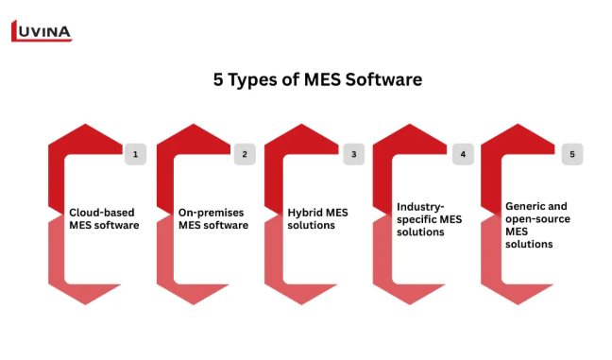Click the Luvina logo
pyautogui.click(x=42, y=31)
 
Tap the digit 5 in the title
pyautogui.click(x=218, y=79)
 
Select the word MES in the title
pyautogui.click(x=322, y=79)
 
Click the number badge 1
pyautogui.click(x=135, y=154)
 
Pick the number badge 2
pyautogui.click(x=245, y=154)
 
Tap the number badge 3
pyautogui.click(x=353, y=154)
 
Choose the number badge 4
pyautogui.click(x=463, y=154)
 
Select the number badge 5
pyautogui.click(x=572, y=154)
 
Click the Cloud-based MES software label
pyautogui.click(x=104, y=218)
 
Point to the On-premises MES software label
pyautogui.click(x=213, y=218)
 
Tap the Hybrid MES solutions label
pyautogui.click(x=317, y=218)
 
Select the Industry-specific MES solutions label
pyautogui.click(x=430, y=219)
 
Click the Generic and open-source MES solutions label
pyautogui.click(x=537, y=225)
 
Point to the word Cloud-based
pyautogui.click(x=101, y=213)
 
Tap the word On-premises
pyautogui.click(x=212, y=213)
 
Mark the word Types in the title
pyautogui.click(x=252, y=80)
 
